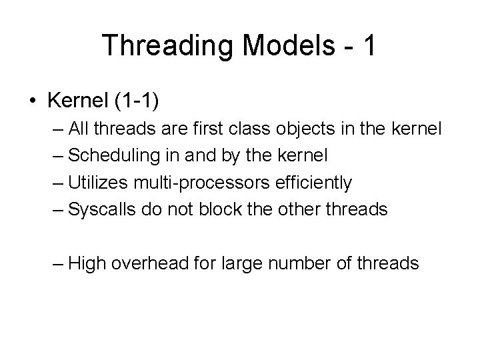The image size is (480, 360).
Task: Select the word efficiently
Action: tap(309, 182)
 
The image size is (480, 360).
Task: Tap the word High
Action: tap(87, 263)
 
